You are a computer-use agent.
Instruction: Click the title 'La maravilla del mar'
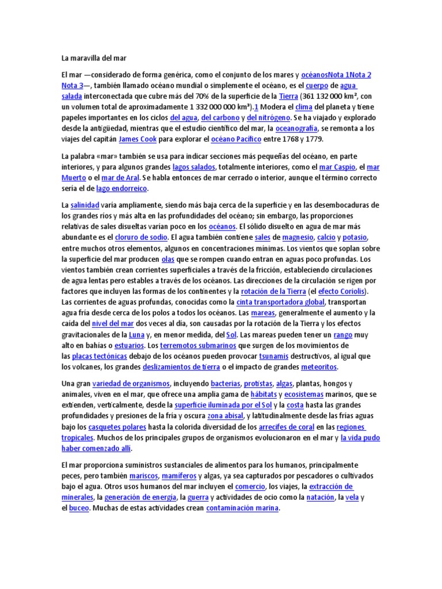(93, 58)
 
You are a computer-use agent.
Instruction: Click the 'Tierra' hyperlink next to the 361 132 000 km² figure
(288, 96)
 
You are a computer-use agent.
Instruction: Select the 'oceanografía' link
(299, 129)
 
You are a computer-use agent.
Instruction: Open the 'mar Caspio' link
(334, 167)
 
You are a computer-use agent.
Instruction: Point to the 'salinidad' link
(85, 205)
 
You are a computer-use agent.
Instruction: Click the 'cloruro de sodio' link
(141, 238)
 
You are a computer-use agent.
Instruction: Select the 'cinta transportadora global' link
(281, 303)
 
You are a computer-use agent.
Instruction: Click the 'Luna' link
(136, 335)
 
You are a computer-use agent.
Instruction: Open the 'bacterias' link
(225, 384)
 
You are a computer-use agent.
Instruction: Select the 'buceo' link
(79, 508)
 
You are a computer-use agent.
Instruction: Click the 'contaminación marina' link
(242, 508)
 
